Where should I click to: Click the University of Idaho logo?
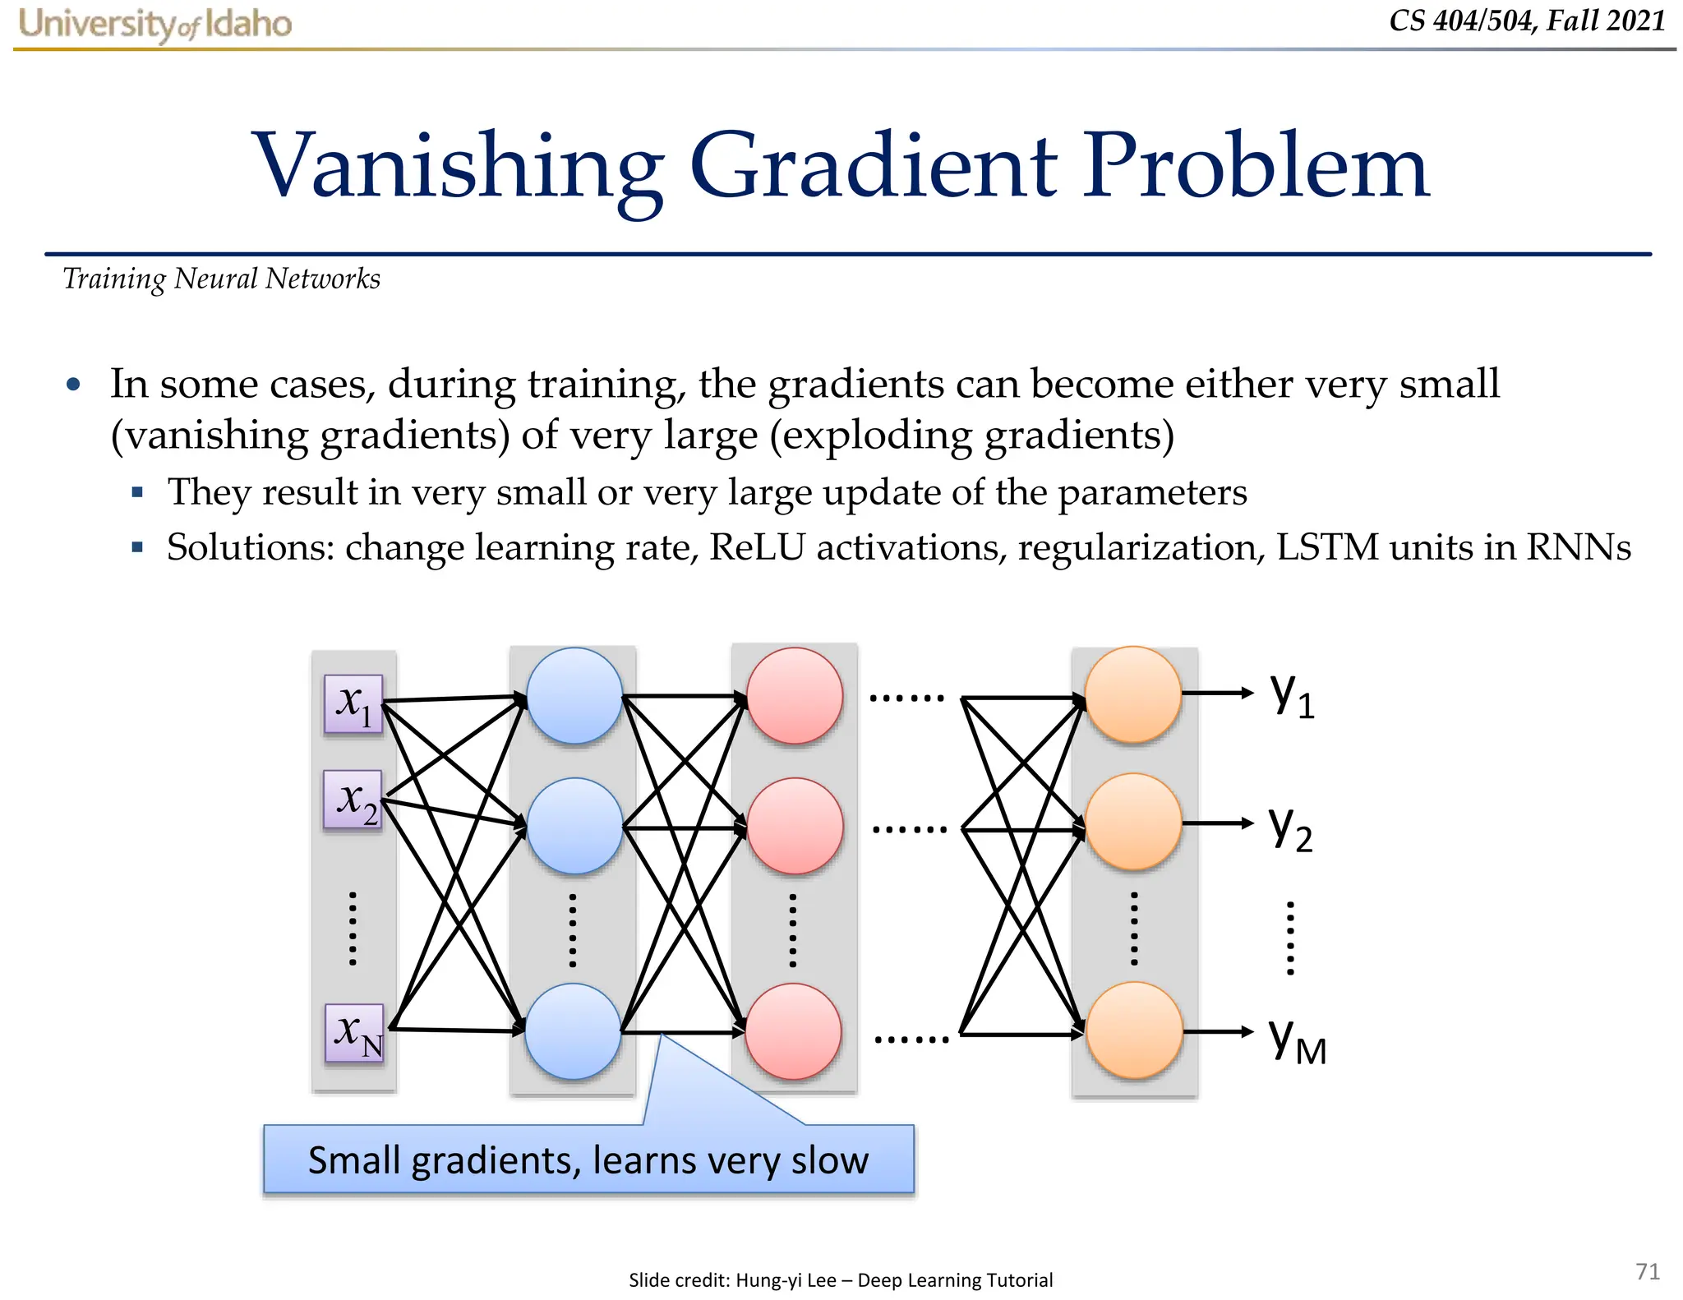click(154, 24)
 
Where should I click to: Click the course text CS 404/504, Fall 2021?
click(1527, 21)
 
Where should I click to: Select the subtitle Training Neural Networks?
click(222, 279)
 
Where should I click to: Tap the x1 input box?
click(353, 703)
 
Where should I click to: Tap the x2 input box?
click(353, 799)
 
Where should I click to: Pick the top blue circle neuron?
click(574, 695)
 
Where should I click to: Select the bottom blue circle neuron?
click(573, 1031)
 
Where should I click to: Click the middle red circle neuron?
click(795, 825)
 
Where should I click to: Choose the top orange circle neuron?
click(1133, 694)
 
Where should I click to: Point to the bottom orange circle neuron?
click(1134, 1030)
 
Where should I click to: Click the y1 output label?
click(1292, 695)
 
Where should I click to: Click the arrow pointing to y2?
click(1219, 823)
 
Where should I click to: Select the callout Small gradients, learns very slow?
click(588, 1159)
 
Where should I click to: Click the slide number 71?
click(1648, 1271)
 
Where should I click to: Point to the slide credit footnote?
click(840, 1279)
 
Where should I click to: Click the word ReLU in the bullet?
click(757, 547)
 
